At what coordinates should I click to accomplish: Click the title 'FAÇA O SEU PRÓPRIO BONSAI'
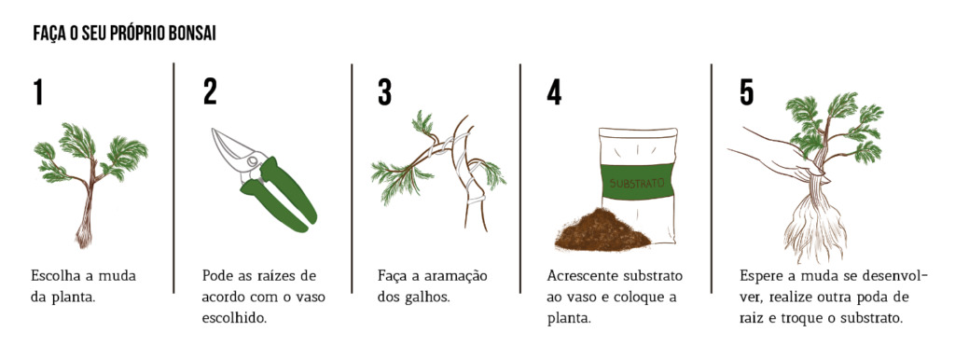click(x=125, y=35)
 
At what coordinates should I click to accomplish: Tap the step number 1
click(x=38, y=92)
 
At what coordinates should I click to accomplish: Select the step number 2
click(x=210, y=92)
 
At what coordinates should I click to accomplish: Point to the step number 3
click(x=384, y=92)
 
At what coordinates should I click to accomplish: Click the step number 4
click(x=554, y=92)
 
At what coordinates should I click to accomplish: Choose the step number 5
click(x=746, y=92)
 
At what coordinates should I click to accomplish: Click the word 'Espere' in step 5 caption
click(x=762, y=277)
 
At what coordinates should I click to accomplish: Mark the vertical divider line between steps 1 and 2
click(x=174, y=177)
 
